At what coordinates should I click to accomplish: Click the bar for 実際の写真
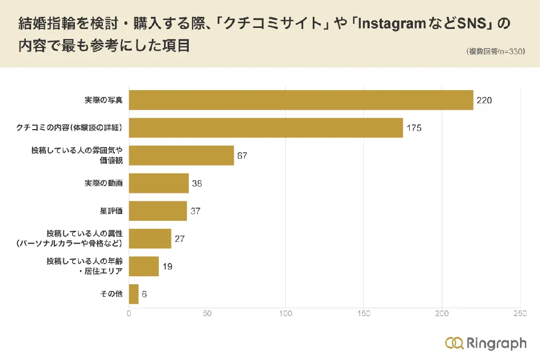point(301,100)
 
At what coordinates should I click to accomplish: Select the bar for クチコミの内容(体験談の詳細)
point(266,128)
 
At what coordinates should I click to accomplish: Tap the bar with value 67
point(181,155)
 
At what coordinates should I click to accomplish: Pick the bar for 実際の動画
point(159,183)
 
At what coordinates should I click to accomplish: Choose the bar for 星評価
point(158,211)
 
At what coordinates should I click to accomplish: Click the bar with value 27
point(150,239)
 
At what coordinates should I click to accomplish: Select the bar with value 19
point(144,266)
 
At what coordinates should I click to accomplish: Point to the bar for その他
point(134,294)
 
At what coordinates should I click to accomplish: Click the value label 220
point(484,100)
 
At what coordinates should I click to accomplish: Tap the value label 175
point(413,128)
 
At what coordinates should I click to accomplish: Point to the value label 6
point(144,294)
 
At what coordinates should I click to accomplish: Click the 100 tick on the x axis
point(285,314)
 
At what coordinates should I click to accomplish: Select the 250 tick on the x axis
point(519,314)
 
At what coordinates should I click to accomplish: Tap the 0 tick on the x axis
point(129,314)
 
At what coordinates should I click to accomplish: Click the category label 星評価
point(111,211)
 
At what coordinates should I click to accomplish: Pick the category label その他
point(111,294)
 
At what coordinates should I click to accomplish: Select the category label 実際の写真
point(103,100)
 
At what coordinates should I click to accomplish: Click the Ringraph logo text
point(496,343)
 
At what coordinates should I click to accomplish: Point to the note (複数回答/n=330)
point(495,52)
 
